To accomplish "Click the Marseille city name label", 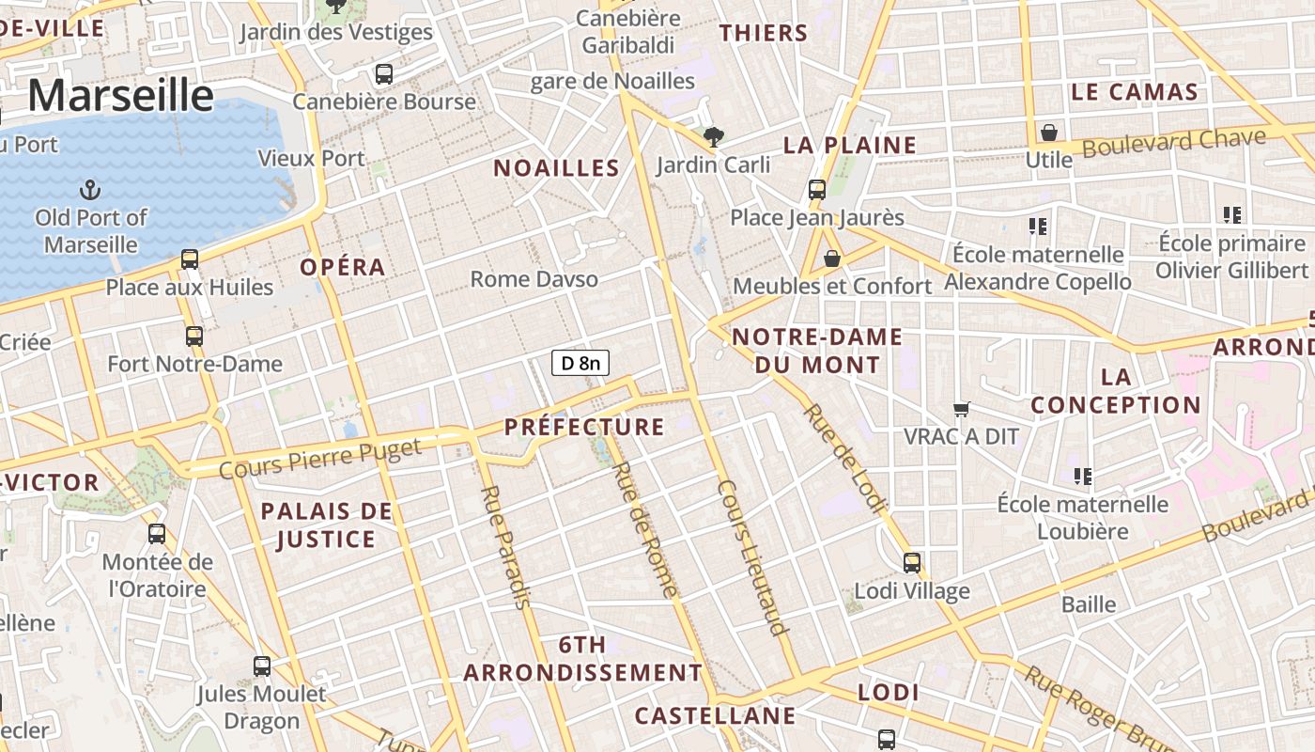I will (x=121, y=96).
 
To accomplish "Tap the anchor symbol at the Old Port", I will (x=90, y=191).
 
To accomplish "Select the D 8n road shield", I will (x=580, y=363).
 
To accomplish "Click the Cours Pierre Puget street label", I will (x=320, y=458).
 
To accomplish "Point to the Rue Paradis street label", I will (x=504, y=546).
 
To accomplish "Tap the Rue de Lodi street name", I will (x=844, y=458).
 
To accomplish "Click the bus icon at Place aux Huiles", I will (x=190, y=259).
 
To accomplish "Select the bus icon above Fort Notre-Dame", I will (x=194, y=336).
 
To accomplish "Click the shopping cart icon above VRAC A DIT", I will (x=961, y=409).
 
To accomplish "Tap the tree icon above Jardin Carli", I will (x=714, y=137).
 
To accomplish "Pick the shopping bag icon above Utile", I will (x=1049, y=133).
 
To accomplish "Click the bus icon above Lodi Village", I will (x=912, y=563).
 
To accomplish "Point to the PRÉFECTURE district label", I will (x=584, y=427).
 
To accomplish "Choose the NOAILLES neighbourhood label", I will (x=556, y=168).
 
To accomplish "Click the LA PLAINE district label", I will (x=849, y=145).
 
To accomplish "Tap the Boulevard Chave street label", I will (x=1173, y=143).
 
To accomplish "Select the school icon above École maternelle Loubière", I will (x=1083, y=477).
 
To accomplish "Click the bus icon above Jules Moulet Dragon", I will (x=262, y=666).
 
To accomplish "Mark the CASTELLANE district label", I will (x=715, y=716).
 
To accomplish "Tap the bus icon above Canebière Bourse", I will (x=383, y=74).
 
